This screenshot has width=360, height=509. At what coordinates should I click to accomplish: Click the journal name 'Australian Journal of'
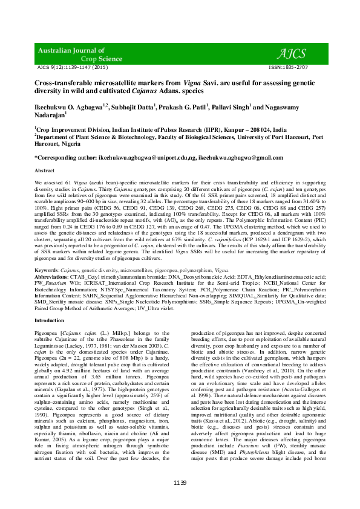(72, 50)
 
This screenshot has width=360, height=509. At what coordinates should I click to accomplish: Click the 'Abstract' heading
(45, 171)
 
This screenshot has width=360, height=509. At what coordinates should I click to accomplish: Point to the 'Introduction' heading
(49, 320)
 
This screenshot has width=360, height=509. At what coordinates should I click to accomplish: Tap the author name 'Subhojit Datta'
(133, 106)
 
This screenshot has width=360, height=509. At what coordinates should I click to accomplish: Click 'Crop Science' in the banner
(89, 59)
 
